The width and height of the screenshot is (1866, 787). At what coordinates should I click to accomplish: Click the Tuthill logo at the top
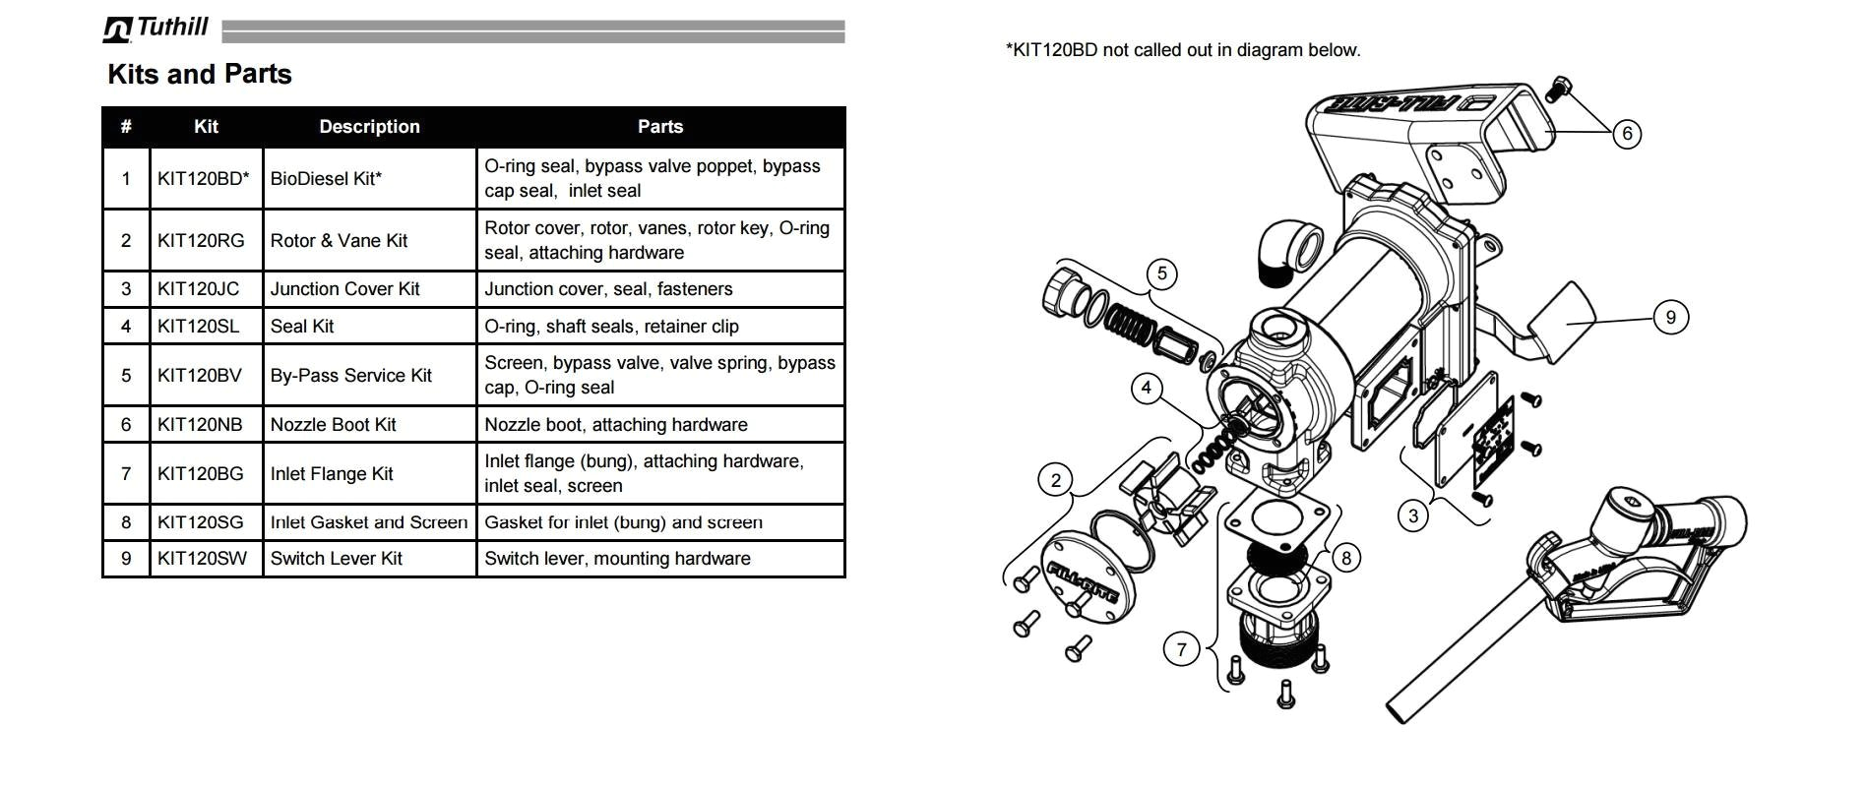155,28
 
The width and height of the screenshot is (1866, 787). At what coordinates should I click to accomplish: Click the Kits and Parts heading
199,75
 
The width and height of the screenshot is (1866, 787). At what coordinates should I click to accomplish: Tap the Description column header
369,127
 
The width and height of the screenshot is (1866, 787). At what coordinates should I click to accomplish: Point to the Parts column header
659,127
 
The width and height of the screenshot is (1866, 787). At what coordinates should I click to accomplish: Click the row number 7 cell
126,474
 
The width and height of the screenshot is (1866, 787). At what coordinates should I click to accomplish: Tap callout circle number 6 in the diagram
1627,134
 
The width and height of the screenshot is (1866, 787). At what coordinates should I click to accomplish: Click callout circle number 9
1670,318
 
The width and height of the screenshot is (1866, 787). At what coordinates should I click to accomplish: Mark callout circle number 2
1056,480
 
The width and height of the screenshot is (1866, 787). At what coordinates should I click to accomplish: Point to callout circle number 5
1161,273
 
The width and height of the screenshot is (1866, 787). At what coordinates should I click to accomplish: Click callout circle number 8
1346,559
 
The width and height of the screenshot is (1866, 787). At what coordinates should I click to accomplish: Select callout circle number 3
1413,515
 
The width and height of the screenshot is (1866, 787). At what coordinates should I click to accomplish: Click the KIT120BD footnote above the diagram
1183,50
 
